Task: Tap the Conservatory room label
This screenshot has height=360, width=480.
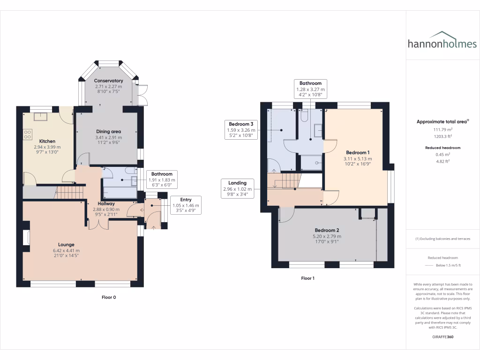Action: [x=108, y=81]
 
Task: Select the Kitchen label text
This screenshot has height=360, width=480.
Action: [x=47, y=141]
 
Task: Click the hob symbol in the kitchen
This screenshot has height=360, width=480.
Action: [x=27, y=135]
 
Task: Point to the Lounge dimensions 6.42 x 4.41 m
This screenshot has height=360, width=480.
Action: [x=67, y=250]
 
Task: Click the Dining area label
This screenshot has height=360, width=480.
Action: [x=108, y=132]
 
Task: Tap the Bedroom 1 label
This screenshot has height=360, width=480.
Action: [x=358, y=153]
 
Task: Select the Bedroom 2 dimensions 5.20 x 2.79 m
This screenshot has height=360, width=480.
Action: [x=327, y=236]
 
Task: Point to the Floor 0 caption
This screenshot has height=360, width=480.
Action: [x=109, y=297]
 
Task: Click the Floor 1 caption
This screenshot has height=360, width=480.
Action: [x=307, y=278]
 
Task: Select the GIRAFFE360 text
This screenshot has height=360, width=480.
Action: [x=442, y=337]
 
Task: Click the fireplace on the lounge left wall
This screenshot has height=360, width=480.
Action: [x=26, y=237]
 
